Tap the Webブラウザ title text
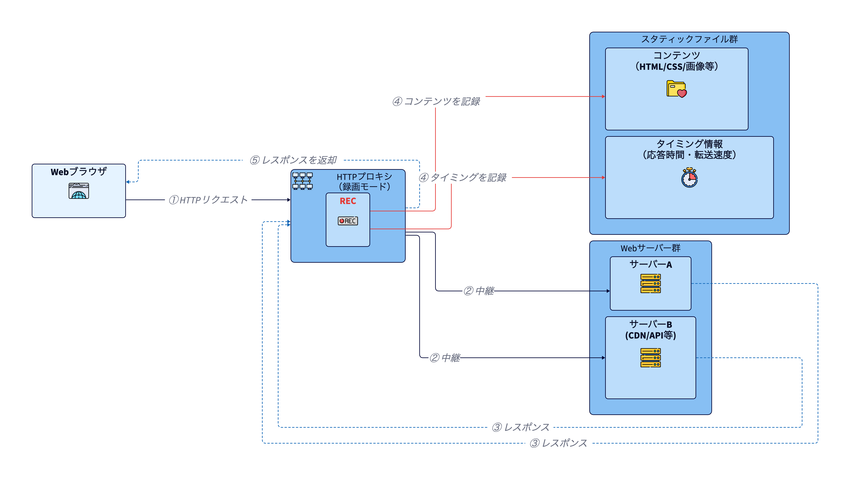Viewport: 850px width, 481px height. pyautogui.click(x=79, y=172)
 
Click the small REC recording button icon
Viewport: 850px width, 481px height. pyautogui.click(x=348, y=221)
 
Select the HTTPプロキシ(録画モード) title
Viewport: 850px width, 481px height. pyautogui.click(x=364, y=181)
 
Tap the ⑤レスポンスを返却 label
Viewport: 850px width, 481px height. pyautogui.click(x=293, y=160)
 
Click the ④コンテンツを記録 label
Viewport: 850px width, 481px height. pyautogui.click(x=436, y=101)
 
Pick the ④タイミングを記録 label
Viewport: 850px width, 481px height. pyautogui.click(x=462, y=178)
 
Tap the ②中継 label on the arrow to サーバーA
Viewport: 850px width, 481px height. pyautogui.click(x=479, y=291)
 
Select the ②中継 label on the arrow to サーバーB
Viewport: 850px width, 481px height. pyautogui.click(x=445, y=358)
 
